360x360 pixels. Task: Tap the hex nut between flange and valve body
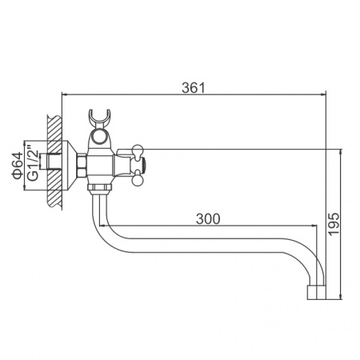coord(82,166)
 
